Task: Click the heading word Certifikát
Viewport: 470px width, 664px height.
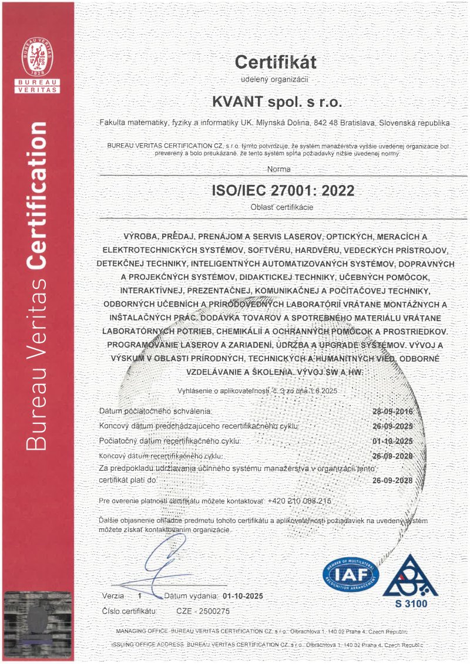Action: click(x=276, y=62)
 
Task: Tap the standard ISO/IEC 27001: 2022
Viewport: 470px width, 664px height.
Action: click(x=275, y=191)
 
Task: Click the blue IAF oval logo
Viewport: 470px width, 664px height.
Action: click(x=351, y=574)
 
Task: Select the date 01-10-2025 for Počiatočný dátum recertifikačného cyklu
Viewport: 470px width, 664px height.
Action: click(x=393, y=440)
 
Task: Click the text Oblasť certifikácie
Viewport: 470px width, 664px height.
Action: click(x=275, y=207)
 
